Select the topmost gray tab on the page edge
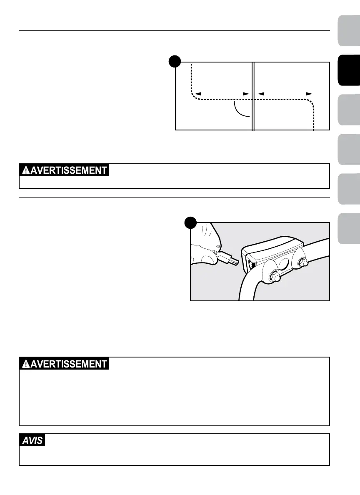pyautogui.click(x=349, y=30)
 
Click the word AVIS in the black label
pyautogui.click(x=32, y=440)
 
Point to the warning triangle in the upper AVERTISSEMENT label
pyautogui.click(x=26, y=170)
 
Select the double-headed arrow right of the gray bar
pyautogui.click(x=285, y=94)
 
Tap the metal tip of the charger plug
pyautogui.click(x=235, y=262)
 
